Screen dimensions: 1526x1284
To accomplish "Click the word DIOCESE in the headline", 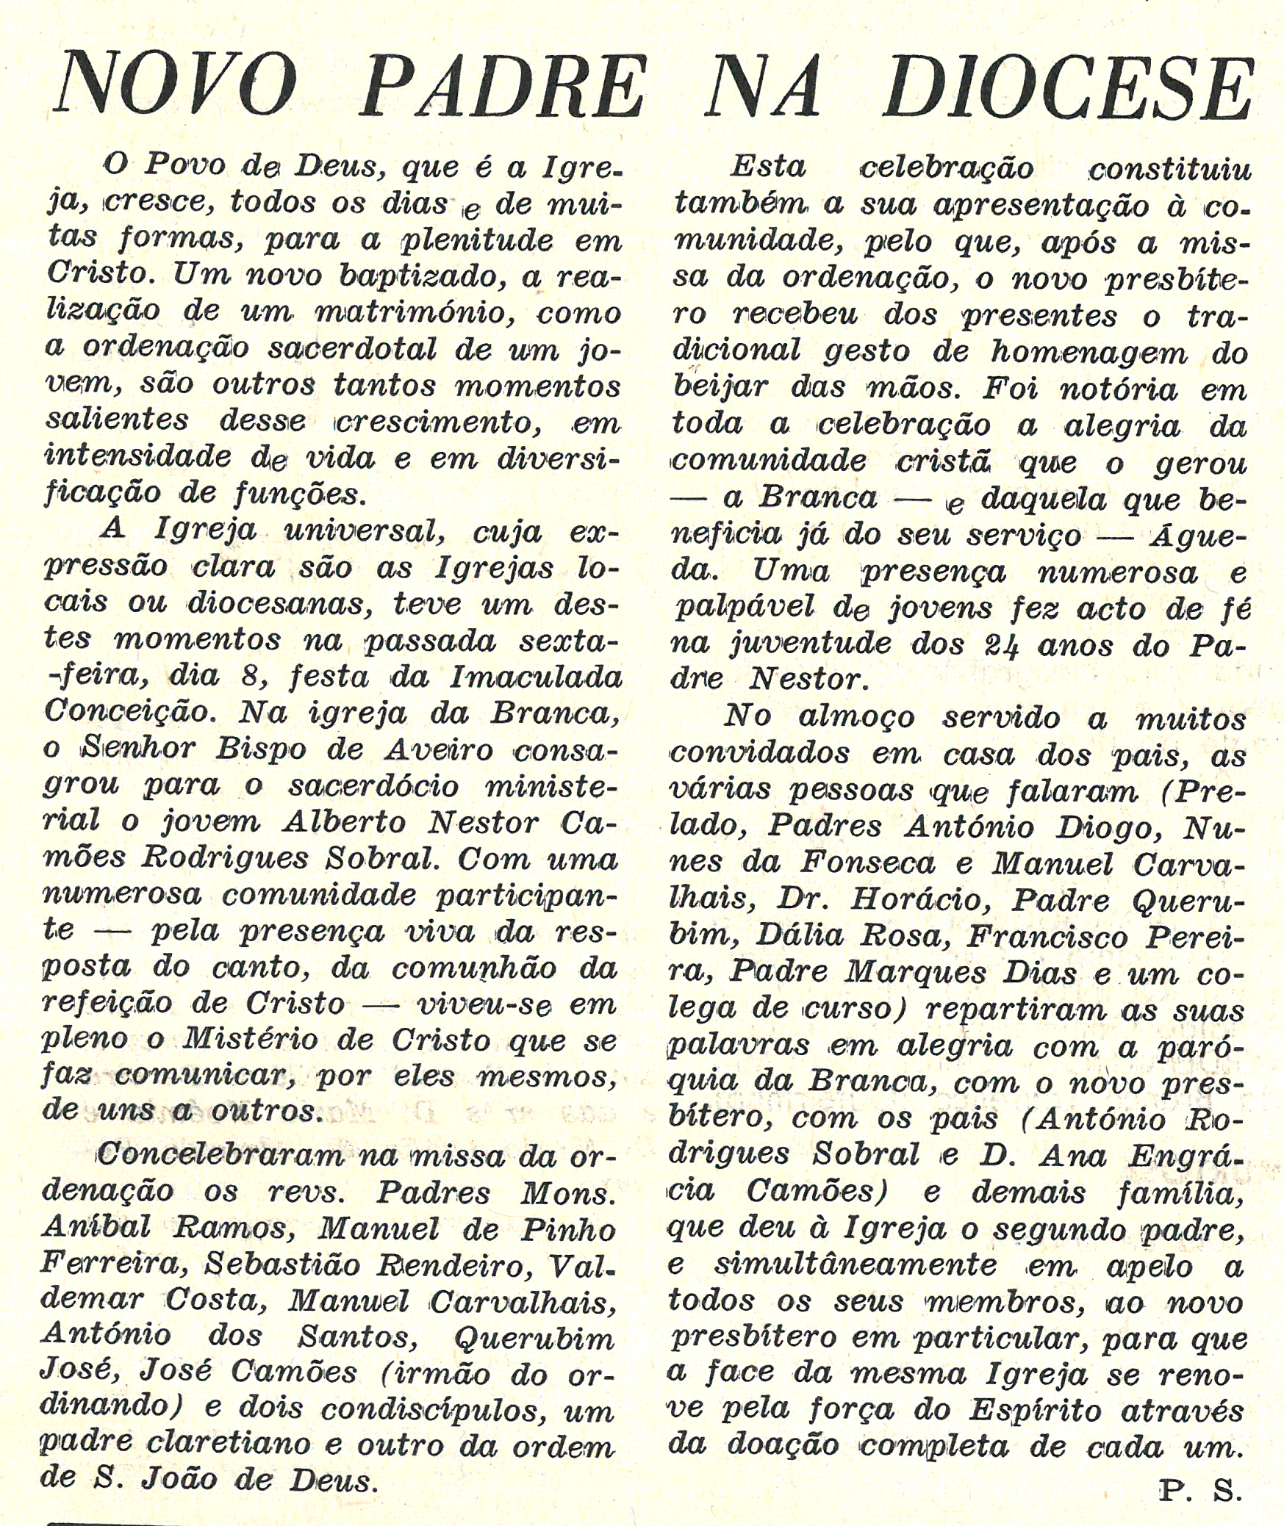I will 1069,87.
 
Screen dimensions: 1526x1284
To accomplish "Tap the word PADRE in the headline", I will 503,87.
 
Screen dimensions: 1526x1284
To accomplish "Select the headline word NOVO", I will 177,87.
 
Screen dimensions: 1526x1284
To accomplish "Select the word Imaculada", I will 536,676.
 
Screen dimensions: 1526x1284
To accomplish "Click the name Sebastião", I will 281,1263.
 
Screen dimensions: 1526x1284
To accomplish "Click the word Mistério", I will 251,1040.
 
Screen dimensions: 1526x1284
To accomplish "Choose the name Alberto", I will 344,821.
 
